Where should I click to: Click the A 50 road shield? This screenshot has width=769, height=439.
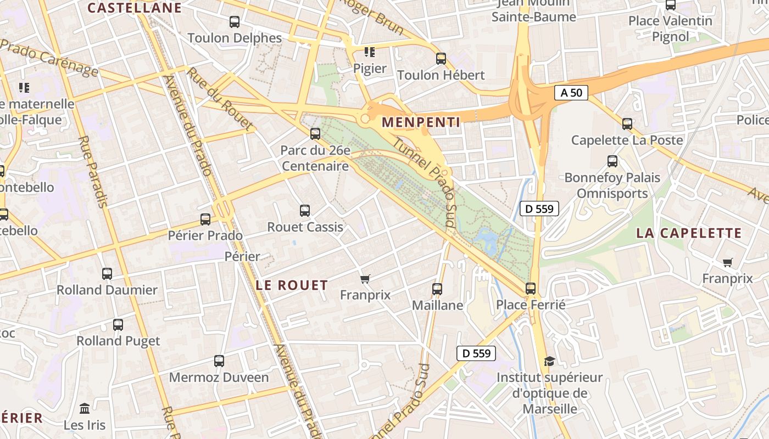coord(571,93)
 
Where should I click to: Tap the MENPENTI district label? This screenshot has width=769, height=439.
coord(421,122)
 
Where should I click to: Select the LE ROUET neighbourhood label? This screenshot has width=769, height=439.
coord(292,285)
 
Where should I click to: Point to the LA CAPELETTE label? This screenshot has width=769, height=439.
coord(689,233)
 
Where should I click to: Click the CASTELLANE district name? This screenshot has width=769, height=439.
coord(135,8)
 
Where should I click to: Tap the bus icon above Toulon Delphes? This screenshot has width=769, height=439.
coord(235,22)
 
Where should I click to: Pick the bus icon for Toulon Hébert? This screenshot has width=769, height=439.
coord(441,59)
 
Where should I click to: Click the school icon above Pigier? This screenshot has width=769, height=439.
coord(370,52)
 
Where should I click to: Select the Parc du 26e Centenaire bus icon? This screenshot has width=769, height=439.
coord(315,133)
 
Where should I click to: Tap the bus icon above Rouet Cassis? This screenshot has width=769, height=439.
coord(305,210)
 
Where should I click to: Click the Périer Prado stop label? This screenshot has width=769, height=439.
coord(205,235)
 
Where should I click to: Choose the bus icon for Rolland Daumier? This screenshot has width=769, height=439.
coord(107,273)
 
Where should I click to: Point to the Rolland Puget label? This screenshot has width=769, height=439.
coord(118,341)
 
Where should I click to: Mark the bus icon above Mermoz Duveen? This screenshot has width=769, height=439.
coord(219,361)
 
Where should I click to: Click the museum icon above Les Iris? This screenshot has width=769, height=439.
coord(85,409)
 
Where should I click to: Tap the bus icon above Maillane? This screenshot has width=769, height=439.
coord(437,289)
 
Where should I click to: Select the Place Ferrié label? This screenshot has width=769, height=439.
coord(531,305)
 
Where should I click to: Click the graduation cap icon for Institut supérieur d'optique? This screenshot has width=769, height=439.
coord(549,361)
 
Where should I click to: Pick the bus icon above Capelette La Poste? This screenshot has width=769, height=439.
coord(627,124)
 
